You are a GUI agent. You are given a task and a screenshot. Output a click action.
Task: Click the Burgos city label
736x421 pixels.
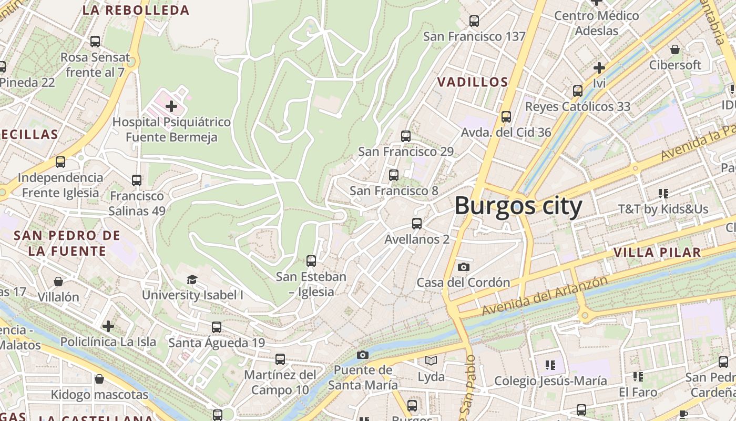pyautogui.click(x=518, y=206)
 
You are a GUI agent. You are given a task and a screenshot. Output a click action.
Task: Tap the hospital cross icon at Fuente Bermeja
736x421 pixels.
pyautogui.click(x=171, y=107)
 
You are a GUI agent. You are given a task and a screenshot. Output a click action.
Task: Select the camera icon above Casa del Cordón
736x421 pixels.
pyautogui.click(x=463, y=267)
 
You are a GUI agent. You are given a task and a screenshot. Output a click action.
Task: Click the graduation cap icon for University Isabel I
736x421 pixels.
pyautogui.click(x=192, y=279)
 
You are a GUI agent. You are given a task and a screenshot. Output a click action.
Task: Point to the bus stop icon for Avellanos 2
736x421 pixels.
pyautogui.click(x=417, y=224)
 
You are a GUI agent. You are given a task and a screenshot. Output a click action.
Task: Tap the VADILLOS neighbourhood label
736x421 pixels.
pyautogui.click(x=473, y=82)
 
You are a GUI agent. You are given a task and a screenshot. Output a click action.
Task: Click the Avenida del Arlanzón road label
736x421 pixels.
pyautogui.click(x=545, y=296)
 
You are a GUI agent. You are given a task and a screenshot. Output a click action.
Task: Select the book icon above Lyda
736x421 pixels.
pyautogui.click(x=431, y=361)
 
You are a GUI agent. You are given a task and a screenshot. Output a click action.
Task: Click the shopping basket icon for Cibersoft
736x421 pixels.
pyautogui.click(x=675, y=49)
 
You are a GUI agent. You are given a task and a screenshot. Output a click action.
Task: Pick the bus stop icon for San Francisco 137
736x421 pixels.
pyautogui.click(x=474, y=21)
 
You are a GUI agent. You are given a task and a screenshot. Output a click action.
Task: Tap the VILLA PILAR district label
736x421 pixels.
pyautogui.click(x=657, y=253)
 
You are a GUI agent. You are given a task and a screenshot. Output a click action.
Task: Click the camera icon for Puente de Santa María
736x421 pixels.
pyautogui.click(x=363, y=355)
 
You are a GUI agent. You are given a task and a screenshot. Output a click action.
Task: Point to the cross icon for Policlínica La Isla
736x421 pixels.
pyautogui.click(x=108, y=326)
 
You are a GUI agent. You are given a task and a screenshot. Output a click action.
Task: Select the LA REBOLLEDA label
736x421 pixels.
pyautogui.click(x=136, y=10)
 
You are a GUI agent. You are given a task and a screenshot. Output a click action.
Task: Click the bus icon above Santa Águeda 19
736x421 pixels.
pyautogui.click(x=217, y=327)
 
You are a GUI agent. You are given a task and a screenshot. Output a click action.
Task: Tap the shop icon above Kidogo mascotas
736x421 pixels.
pyautogui.click(x=99, y=379)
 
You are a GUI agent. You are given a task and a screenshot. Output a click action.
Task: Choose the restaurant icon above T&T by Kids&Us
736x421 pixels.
pyautogui.click(x=663, y=194)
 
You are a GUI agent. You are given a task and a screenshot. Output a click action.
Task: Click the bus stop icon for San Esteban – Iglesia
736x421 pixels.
pyautogui.click(x=311, y=260)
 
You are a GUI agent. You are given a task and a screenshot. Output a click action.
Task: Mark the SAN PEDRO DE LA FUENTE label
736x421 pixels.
pyautogui.click(x=67, y=243)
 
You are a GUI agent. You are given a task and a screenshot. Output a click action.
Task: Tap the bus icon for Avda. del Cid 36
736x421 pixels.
pyautogui.click(x=506, y=117)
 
